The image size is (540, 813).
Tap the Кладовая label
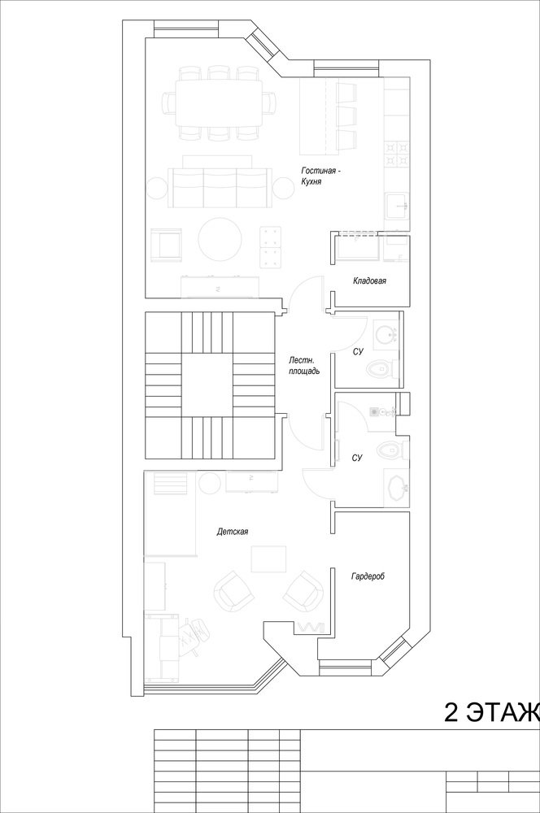pos(369,281)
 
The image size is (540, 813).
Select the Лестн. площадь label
pos(304,365)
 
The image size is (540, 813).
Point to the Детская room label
pos(233,532)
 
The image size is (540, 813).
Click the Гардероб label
pos(368,576)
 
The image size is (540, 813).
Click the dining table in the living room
pos(219,102)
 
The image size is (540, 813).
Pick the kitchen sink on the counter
pos(397,206)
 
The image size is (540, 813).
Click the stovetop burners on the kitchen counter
pos(397,154)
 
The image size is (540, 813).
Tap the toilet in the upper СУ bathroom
pos(381,368)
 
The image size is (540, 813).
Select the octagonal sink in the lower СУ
pos(398,487)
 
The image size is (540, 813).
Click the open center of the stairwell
pos(208,385)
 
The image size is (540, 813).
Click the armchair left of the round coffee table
pos(165,244)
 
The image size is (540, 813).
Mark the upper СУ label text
pos(358,352)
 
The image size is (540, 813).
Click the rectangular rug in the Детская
pos(268,559)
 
